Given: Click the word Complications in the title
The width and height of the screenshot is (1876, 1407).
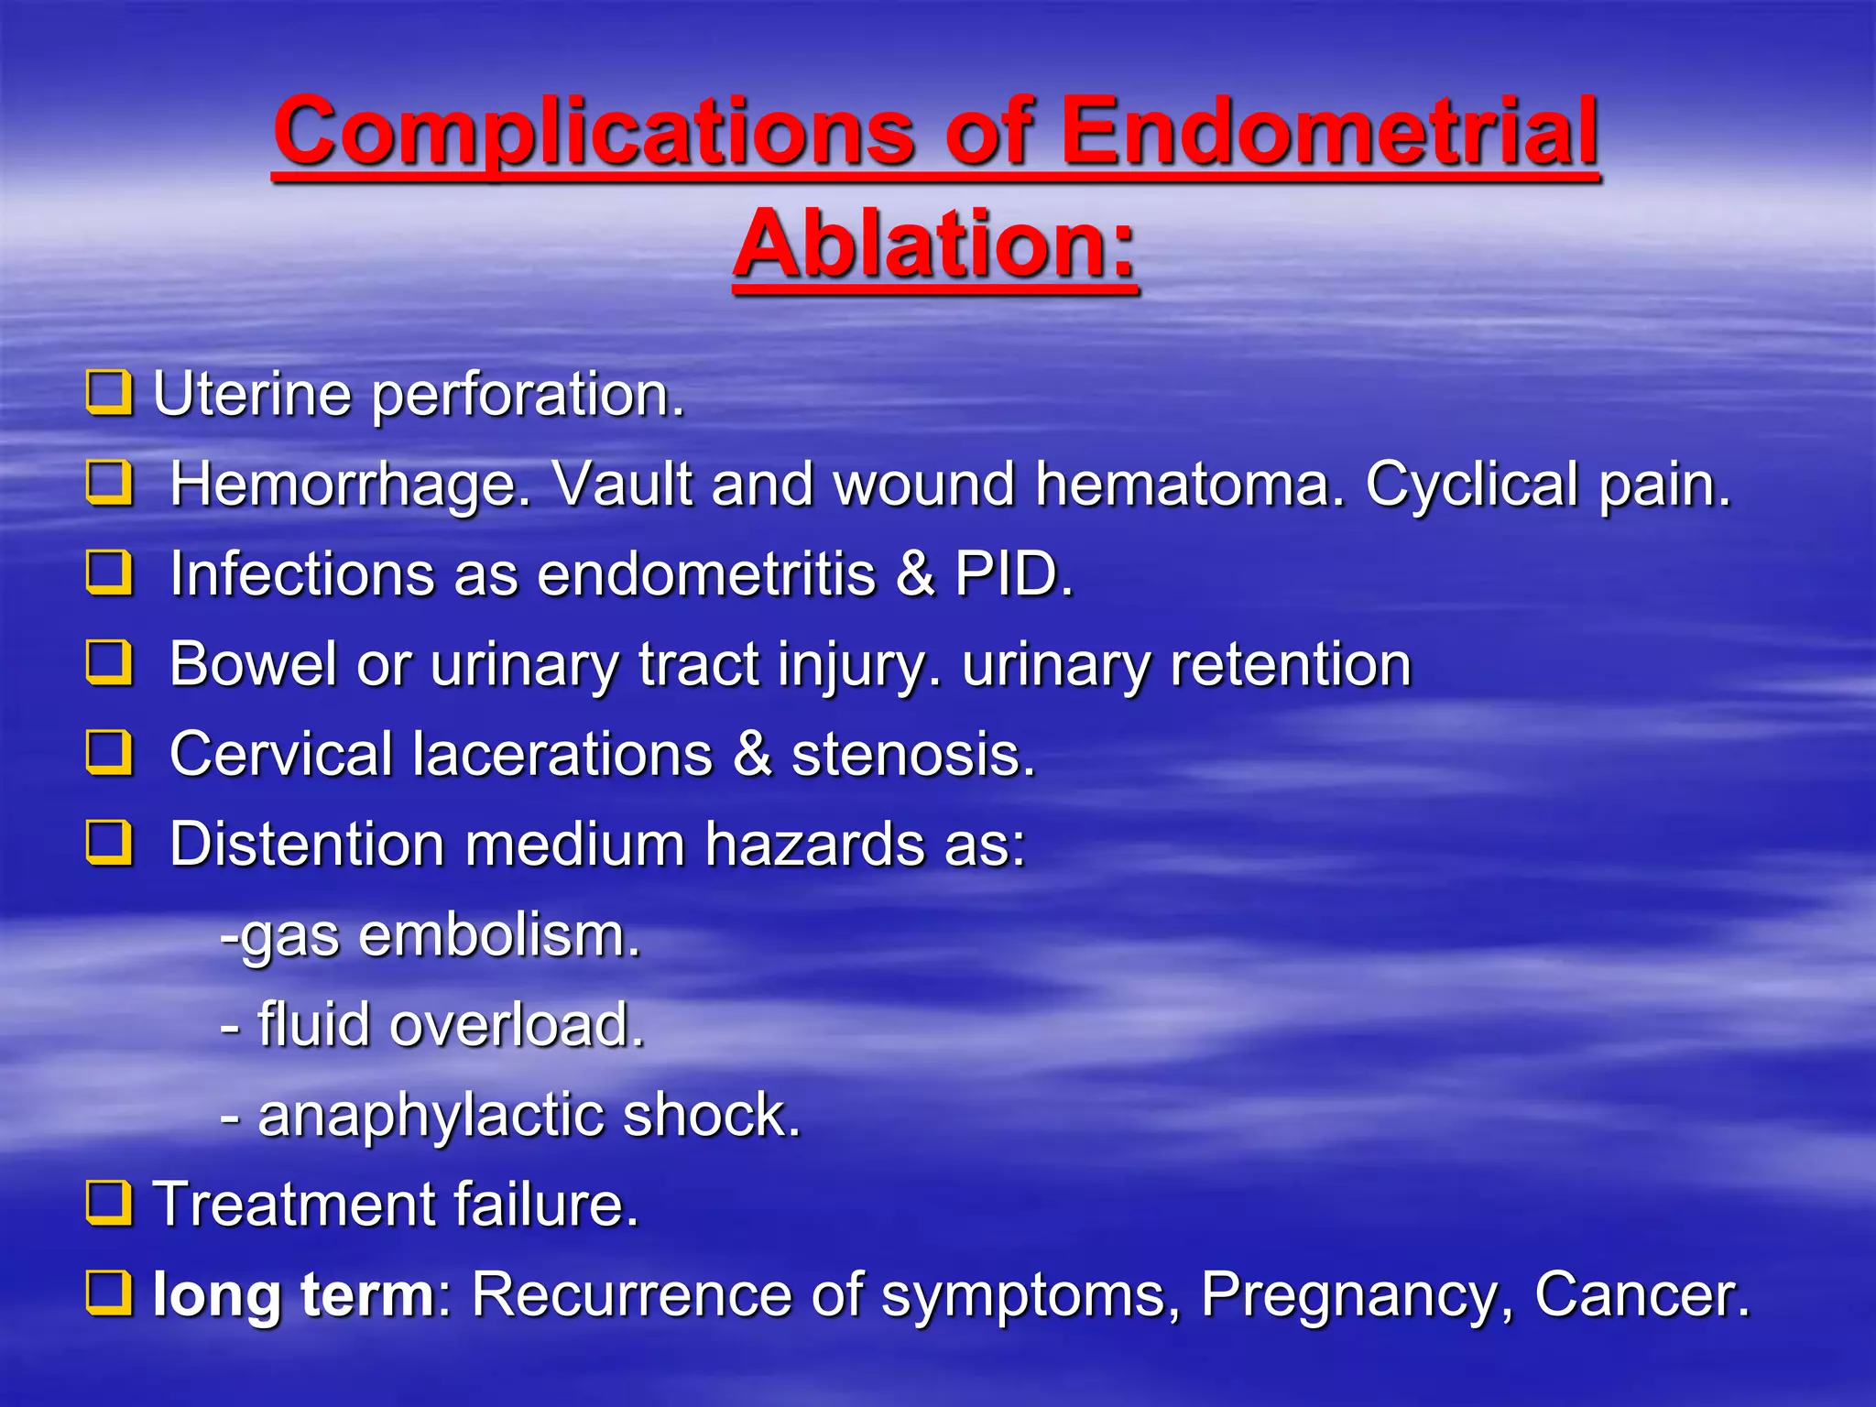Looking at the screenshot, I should [x=594, y=133].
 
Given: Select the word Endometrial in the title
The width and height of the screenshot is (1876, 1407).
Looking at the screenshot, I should [x=1328, y=133].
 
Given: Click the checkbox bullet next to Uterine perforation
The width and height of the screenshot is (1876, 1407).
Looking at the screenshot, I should [x=109, y=393].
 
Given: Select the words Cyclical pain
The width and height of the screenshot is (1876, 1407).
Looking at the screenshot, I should [x=1548, y=485].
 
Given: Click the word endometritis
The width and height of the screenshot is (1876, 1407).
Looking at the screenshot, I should [x=706, y=574].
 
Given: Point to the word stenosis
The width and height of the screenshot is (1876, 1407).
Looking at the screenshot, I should [x=912, y=754].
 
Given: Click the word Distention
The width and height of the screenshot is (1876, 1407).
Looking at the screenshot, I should [x=307, y=844].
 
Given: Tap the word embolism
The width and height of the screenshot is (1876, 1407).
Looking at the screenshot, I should [x=498, y=935].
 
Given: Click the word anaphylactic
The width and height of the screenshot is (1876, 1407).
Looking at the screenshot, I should [x=430, y=1115].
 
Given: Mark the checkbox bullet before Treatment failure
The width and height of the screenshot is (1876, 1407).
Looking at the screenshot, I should [x=109, y=1203].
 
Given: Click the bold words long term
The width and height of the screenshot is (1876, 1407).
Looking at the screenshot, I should [x=293, y=1294].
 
